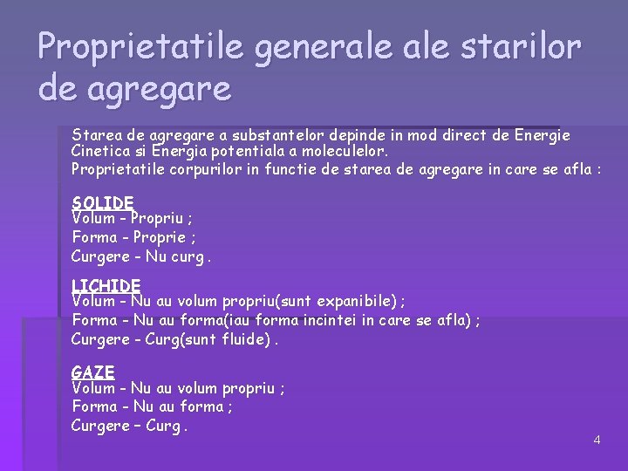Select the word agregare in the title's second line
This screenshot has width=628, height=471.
point(158,89)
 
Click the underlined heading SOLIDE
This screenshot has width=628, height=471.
point(102,202)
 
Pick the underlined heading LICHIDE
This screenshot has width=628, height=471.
point(106,285)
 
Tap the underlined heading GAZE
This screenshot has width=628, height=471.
point(92,372)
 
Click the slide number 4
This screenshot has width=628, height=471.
point(597,440)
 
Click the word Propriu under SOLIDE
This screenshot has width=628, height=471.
point(162,219)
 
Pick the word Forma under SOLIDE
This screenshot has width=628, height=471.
point(94,237)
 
